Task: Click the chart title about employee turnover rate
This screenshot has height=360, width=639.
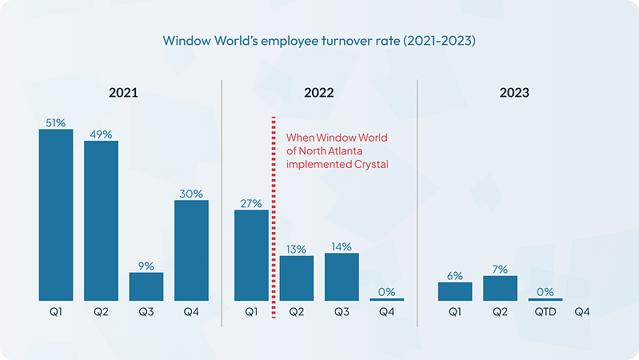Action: click(x=319, y=40)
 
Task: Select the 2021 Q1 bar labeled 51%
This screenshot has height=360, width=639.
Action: click(x=56, y=214)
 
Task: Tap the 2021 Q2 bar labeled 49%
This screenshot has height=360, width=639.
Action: click(x=102, y=220)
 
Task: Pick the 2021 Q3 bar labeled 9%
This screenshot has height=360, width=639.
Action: click(x=146, y=286)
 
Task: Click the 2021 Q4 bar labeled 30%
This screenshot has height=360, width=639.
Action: click(x=192, y=250)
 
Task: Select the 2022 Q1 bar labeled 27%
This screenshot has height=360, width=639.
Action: click(x=251, y=255)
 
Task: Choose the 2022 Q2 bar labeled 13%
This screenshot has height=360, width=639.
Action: click(x=297, y=278)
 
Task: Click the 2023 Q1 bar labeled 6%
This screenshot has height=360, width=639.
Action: click(x=455, y=291)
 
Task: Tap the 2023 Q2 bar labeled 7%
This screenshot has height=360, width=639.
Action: click(x=501, y=288)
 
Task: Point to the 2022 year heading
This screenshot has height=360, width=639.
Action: click(x=319, y=93)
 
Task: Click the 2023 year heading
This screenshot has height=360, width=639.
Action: click(x=514, y=93)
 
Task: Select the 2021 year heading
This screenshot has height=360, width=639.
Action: click(x=124, y=93)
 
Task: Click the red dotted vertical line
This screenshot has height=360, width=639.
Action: click(x=274, y=216)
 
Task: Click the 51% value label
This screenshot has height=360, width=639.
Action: click(x=56, y=122)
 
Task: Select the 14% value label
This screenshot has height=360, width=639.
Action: click(x=341, y=246)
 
